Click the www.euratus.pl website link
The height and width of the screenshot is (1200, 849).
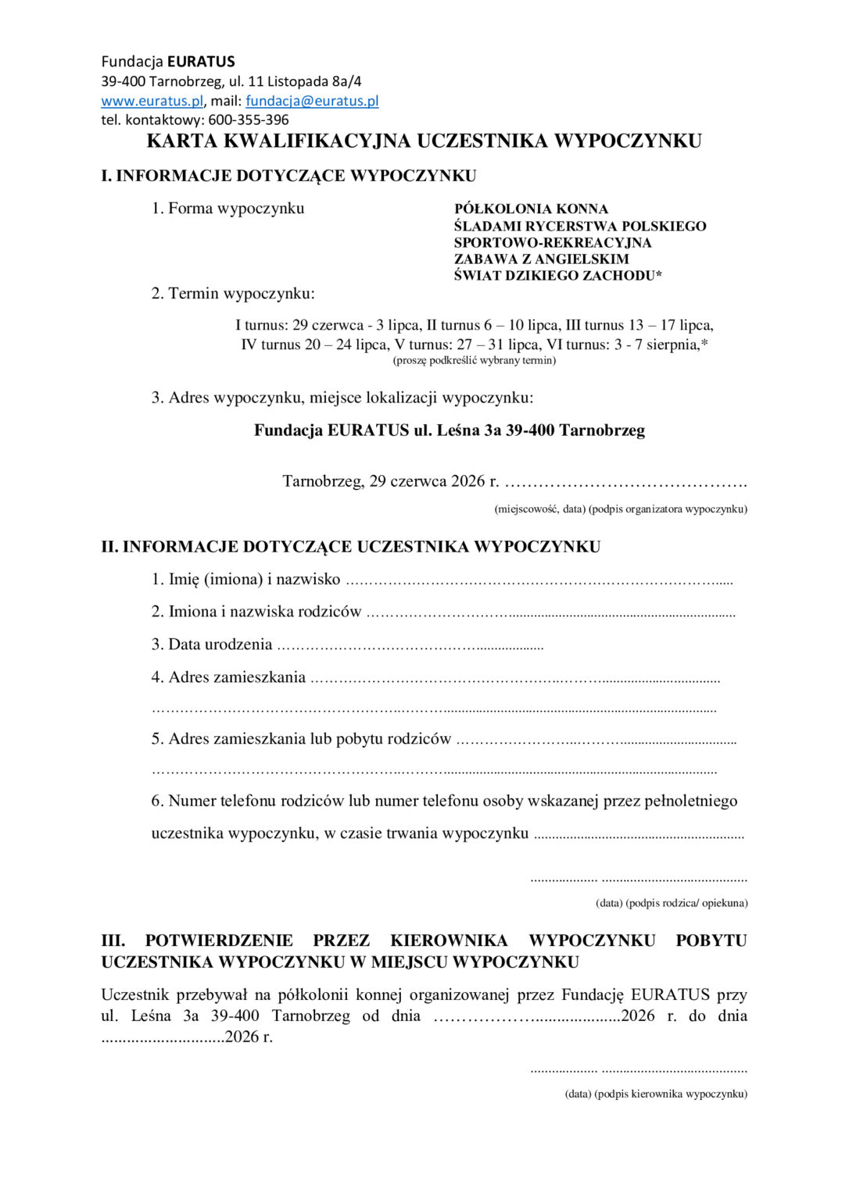152,101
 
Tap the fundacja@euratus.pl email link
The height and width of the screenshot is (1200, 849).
312,101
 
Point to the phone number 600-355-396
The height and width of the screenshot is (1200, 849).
248,120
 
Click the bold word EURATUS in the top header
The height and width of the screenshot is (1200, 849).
201,62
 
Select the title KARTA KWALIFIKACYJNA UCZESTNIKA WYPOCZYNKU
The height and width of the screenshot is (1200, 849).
424,141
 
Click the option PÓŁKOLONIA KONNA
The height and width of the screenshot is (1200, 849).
531,209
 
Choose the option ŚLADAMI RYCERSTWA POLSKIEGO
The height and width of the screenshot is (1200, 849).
579,226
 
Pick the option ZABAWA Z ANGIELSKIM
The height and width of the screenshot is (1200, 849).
541,259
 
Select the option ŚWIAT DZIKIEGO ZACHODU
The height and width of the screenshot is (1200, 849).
556,275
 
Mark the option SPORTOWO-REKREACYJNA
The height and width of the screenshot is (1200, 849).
552,242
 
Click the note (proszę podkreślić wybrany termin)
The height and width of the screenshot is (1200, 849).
474,360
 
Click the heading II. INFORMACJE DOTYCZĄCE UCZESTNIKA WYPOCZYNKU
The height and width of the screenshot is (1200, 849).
350,547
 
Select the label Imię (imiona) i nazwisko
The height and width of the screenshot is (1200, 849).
254,580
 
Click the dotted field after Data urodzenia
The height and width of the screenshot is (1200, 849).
410,646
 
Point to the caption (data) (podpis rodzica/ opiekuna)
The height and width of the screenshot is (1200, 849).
671,903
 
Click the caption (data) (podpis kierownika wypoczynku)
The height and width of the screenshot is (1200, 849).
655,1094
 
